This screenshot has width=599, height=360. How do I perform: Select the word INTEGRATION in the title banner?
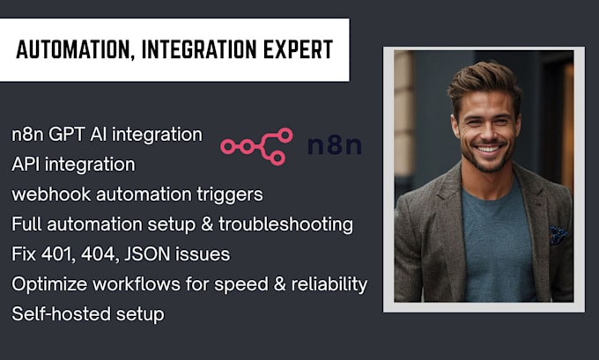(x=193, y=49)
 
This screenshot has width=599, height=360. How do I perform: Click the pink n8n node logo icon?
(x=255, y=143)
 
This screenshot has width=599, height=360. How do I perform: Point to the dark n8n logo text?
(x=335, y=144)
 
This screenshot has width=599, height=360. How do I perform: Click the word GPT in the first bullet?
(x=69, y=136)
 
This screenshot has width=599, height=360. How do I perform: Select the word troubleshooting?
(x=289, y=224)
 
